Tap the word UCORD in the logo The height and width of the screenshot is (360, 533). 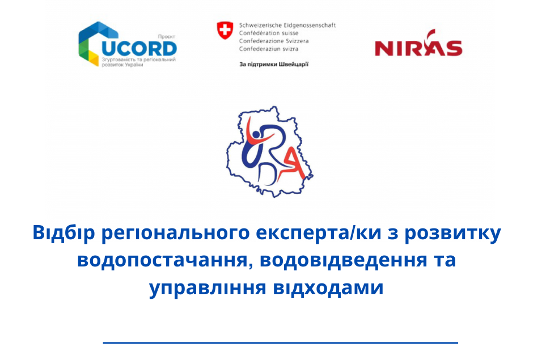point(139,49)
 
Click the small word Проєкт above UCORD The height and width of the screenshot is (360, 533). point(167,37)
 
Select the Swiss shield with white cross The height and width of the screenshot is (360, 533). point(225,30)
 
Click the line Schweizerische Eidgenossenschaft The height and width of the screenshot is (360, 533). point(287,25)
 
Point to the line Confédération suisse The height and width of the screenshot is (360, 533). point(269,33)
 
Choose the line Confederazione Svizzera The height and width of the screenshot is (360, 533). point(274,41)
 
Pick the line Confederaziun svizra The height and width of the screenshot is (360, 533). point(269,49)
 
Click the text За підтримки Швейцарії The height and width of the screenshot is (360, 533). point(274,64)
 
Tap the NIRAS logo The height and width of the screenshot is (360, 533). point(418,44)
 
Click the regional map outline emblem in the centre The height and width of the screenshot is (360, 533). point(269,151)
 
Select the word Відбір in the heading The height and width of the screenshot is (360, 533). point(64,233)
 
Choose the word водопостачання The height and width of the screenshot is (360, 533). point(165,261)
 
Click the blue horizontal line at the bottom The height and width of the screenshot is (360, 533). point(281,342)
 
